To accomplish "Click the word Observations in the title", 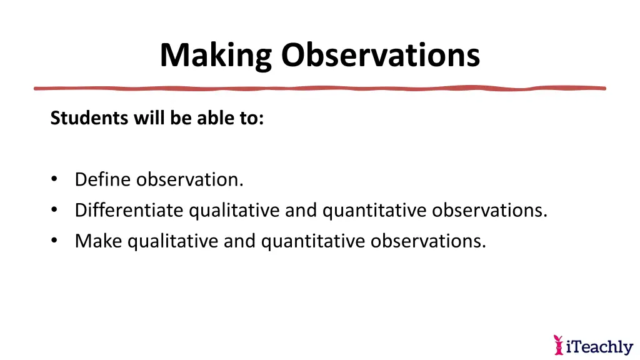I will tap(380, 56).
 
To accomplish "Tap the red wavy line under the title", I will tap(319, 88).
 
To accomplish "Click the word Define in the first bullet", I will tap(103, 180).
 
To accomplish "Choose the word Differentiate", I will tap(129, 211).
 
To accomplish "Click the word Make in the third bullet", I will tap(99, 241).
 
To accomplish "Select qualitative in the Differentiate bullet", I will tap(234, 211).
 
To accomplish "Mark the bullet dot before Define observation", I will tap(54, 180).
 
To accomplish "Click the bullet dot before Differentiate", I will tap(54, 211).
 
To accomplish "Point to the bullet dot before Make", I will tap(54, 241).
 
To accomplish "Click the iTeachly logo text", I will tap(599, 346).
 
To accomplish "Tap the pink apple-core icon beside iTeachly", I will tap(558, 344).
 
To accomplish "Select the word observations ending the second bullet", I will tap(489, 211).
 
